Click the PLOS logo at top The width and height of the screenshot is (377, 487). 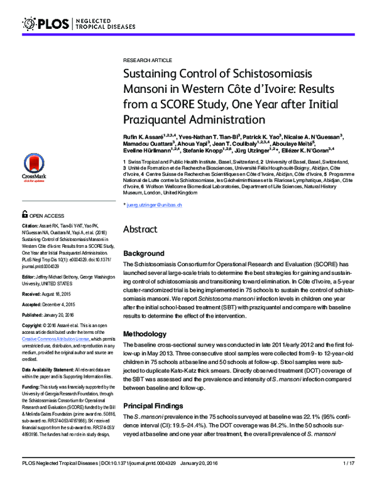click(47, 24)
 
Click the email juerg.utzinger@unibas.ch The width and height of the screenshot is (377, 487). click(154, 205)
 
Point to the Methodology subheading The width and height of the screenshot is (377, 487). click(148, 333)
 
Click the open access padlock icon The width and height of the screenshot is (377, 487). click(25, 215)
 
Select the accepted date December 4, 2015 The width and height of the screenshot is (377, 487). click(64, 304)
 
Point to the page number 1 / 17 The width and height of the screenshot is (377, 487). click(349, 481)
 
